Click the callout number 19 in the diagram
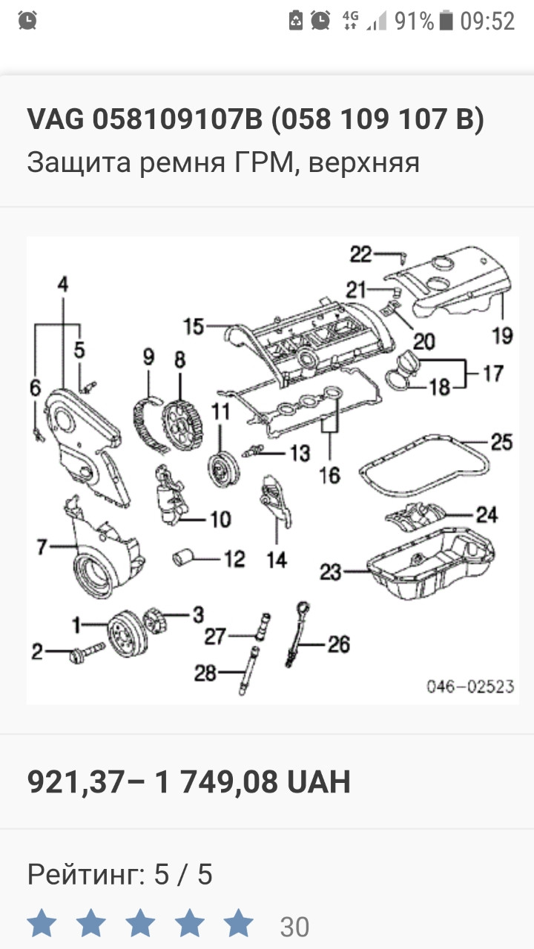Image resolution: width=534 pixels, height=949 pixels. click(x=502, y=335)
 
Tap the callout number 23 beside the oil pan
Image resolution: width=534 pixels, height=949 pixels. click(x=331, y=571)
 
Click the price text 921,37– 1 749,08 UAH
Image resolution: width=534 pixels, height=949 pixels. click(x=188, y=782)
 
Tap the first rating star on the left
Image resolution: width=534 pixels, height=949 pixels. click(x=42, y=925)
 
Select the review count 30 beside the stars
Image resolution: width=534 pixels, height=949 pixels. click(x=294, y=926)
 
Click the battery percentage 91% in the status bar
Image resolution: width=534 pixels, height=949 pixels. click(x=413, y=21)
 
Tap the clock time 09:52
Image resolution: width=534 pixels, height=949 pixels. click(x=487, y=21)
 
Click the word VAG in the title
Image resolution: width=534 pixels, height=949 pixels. click(x=56, y=119)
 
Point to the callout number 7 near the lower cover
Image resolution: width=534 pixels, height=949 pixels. click(x=42, y=547)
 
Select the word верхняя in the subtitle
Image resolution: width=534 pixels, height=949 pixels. click(x=363, y=162)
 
